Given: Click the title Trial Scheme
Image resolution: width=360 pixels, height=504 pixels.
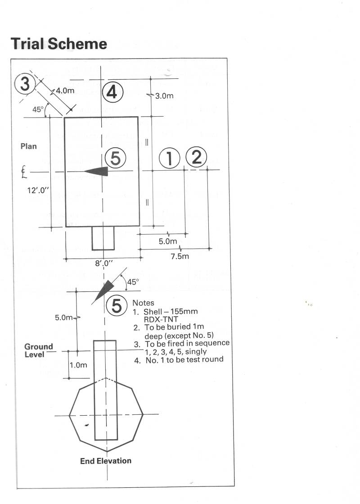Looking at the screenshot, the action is tap(58, 44).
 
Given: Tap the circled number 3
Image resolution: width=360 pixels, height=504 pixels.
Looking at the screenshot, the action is tap(25, 84).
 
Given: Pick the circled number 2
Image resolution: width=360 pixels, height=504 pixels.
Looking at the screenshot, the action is tap(196, 157).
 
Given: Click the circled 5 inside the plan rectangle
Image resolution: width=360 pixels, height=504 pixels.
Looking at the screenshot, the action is tap(116, 159).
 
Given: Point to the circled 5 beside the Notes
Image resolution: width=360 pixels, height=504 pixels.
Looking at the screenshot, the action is tap(117, 306).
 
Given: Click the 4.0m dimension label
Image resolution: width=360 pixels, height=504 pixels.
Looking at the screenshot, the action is tap(65, 91).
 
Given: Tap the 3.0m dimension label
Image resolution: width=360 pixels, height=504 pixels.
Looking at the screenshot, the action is tap(164, 96).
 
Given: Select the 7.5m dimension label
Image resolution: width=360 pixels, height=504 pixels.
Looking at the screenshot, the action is tap(180, 256).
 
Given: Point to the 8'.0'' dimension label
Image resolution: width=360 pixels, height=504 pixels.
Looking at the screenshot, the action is tap(103, 264).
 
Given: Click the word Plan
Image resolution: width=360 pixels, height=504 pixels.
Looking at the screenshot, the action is tap(29, 146).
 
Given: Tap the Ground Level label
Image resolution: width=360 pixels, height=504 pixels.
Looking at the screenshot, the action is tap(39, 350).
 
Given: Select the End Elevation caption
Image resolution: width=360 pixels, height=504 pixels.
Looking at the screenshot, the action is tap(106, 461).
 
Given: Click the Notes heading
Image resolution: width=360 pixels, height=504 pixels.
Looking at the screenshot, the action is tap(143, 303).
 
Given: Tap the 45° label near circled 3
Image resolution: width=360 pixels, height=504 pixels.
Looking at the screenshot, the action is tap(37, 109).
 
